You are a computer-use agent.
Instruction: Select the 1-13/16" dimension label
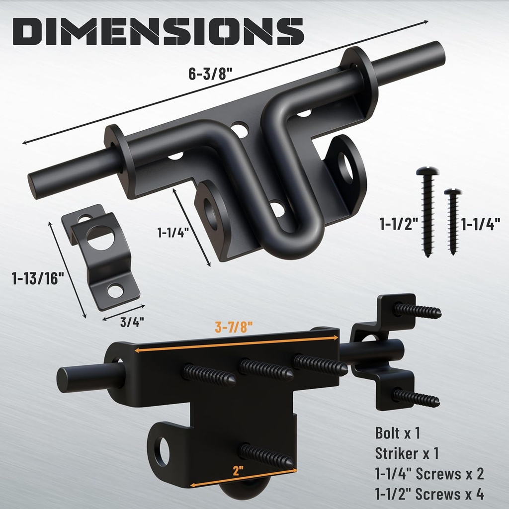38,279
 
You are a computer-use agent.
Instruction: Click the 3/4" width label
132,322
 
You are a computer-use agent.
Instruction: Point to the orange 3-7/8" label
234,327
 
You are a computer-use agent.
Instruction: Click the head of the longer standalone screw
425,171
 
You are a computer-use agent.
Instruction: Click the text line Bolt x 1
398,433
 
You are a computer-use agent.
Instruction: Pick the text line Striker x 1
407,453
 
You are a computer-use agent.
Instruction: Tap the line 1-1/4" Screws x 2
429,474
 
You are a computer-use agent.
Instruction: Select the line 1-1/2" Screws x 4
429,495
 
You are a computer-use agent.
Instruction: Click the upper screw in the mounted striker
418,311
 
